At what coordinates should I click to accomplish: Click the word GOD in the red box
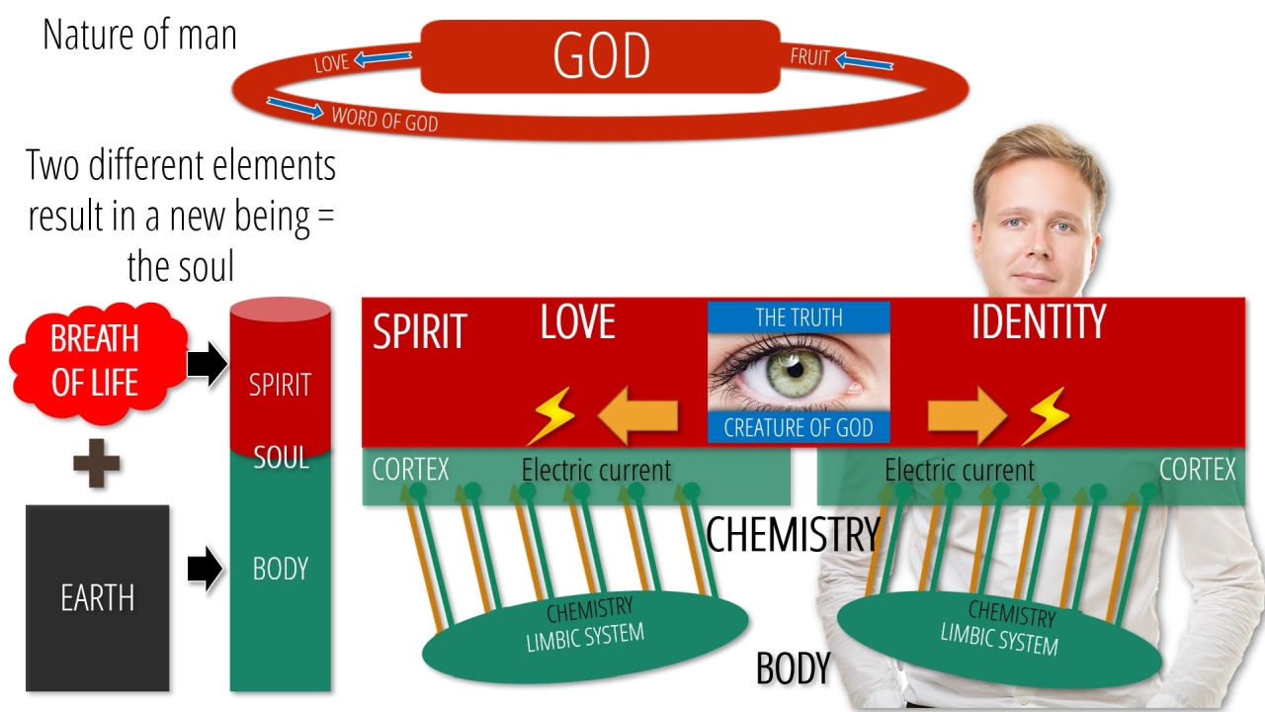(x=602, y=55)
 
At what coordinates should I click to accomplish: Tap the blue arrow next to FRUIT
(x=864, y=61)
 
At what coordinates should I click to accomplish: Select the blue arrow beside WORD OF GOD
(x=295, y=108)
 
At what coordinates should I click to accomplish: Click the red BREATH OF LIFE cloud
(x=97, y=363)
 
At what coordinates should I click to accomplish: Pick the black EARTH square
(x=98, y=598)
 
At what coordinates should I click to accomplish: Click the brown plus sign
(x=97, y=464)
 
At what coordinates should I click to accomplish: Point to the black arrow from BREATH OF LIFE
(x=208, y=363)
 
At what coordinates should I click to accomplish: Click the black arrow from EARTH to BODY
(x=206, y=569)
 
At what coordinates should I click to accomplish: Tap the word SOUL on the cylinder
(x=281, y=458)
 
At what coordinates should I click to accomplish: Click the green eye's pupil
(x=796, y=370)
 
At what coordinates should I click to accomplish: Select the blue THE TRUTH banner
(x=799, y=317)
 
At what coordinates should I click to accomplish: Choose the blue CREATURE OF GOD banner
(x=799, y=427)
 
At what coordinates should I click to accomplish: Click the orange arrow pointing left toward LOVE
(x=638, y=415)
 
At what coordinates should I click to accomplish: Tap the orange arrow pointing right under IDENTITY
(x=968, y=415)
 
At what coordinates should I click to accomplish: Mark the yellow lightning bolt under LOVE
(x=551, y=415)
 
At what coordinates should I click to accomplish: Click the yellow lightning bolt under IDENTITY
(x=1046, y=415)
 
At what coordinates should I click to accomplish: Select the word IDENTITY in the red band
(x=1039, y=321)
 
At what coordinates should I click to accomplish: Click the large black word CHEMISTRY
(x=793, y=535)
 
